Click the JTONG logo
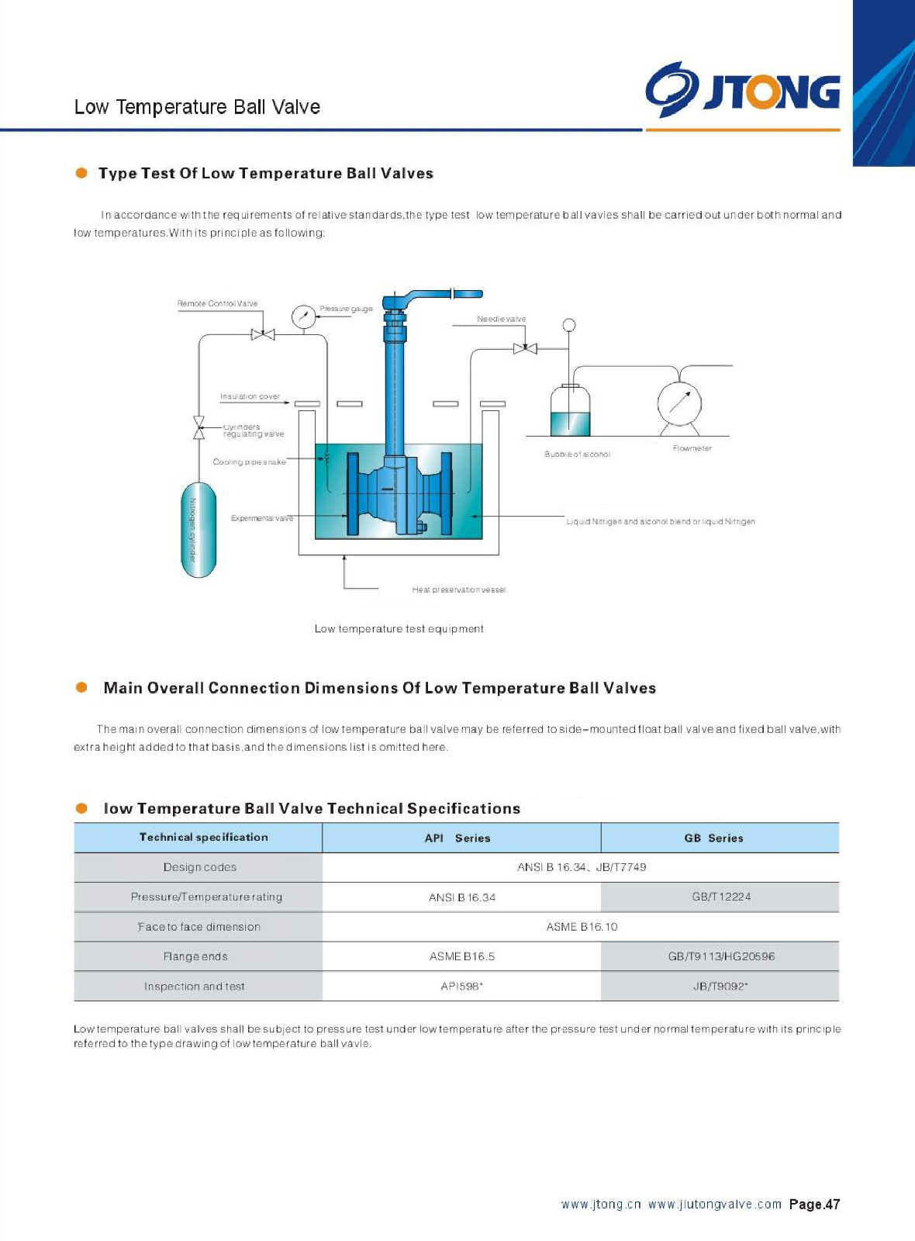point(743,91)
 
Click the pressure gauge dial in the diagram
point(303,316)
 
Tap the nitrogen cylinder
point(199,530)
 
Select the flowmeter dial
point(679,403)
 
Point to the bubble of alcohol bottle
point(570,410)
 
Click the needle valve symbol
point(525,348)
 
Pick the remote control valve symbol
point(263,334)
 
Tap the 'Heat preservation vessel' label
point(458,590)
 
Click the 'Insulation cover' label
point(250,396)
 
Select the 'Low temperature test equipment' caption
point(399,629)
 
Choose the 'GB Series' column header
point(713,838)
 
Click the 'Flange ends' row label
point(195,956)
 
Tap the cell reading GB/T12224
point(721,897)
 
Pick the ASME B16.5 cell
point(462,956)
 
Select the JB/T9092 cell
point(720,987)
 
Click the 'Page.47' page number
point(814,1205)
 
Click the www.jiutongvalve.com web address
point(715,1205)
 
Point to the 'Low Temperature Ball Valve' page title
point(197,107)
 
